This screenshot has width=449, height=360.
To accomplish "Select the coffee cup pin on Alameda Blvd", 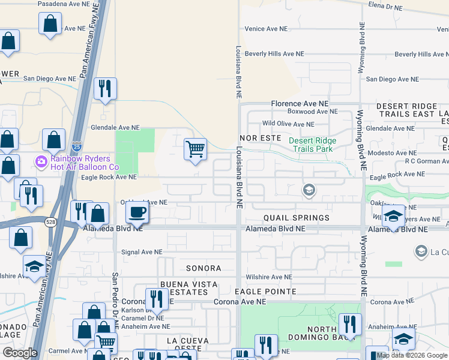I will tap(137, 212).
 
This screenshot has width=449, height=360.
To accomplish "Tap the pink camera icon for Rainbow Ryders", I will tap(41, 161).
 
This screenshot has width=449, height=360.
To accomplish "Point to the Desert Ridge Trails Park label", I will tap(312, 145).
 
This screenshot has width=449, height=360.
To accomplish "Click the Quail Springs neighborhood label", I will tap(296, 218).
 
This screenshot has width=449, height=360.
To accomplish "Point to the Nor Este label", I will tap(261, 138).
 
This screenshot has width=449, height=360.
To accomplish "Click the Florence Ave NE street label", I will tap(300, 104).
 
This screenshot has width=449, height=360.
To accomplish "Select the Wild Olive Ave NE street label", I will tap(288, 124).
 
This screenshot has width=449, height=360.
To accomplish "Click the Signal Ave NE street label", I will tap(142, 253).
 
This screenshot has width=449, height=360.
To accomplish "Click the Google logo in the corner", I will tap(20, 353).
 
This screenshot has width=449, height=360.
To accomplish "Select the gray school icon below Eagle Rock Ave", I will tap(309, 190).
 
